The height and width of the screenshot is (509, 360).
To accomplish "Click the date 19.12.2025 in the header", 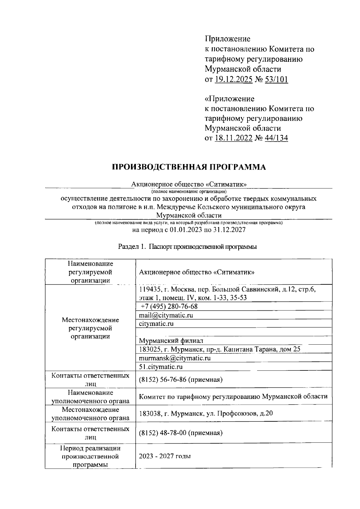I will click(x=233, y=79).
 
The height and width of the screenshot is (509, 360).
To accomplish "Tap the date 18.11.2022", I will click(x=233, y=138).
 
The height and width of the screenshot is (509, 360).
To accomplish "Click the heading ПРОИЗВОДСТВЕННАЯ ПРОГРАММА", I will click(x=189, y=167).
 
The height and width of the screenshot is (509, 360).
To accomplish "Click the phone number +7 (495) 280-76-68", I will click(x=169, y=306).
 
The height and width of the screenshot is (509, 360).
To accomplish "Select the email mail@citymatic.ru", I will click(x=166, y=315).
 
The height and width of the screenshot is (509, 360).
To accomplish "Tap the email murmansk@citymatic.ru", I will click(x=175, y=358).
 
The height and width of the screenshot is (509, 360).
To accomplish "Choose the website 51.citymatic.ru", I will click(x=161, y=367).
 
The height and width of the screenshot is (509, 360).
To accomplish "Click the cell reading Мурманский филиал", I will click(x=171, y=341).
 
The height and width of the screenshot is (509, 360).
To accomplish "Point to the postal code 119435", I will click(x=150, y=289).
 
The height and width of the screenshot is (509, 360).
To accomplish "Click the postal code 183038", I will click(x=150, y=413).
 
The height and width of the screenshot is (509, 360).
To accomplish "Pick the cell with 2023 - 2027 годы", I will click(x=165, y=456).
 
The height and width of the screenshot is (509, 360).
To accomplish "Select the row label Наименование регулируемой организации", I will click(x=90, y=272).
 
